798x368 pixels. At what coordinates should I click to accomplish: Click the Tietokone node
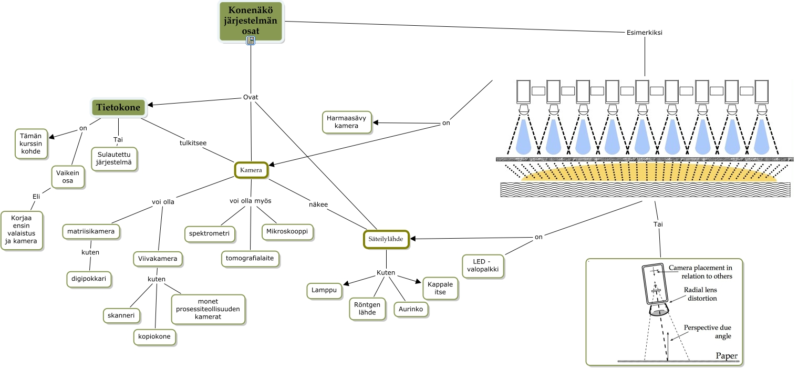(x=118, y=108)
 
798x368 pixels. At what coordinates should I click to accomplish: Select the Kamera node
(x=251, y=170)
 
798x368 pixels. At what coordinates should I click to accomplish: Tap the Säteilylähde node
(x=386, y=239)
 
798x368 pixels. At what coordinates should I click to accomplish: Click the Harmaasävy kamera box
(x=347, y=121)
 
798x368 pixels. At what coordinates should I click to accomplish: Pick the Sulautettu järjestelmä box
(x=114, y=158)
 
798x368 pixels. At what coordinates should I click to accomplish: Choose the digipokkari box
(x=89, y=279)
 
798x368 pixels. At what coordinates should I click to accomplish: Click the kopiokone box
(x=154, y=336)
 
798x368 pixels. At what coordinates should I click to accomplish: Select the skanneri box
(x=121, y=315)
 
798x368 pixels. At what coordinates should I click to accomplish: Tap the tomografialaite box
(x=250, y=258)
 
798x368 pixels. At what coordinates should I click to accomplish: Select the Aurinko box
(x=411, y=309)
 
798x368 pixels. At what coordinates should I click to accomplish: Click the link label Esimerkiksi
(x=644, y=32)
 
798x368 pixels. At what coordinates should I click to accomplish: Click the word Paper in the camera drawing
(x=727, y=356)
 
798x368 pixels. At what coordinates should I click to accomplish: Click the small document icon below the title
(x=251, y=40)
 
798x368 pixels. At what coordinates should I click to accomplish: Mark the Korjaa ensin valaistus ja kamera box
(x=22, y=230)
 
